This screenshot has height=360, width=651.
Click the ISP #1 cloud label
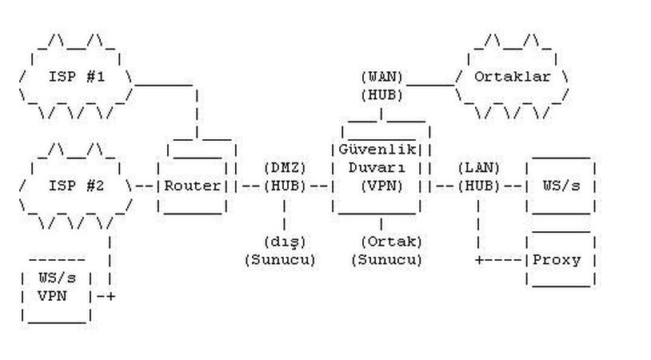pos(77,78)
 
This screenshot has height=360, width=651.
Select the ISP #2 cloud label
pos(77,186)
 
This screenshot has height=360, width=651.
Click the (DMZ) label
pos(285,168)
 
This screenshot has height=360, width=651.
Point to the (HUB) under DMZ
pos(285,186)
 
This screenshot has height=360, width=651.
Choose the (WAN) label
pos(381,78)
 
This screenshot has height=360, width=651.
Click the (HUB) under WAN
pos(381,95)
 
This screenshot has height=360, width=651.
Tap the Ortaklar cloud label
pos(513,78)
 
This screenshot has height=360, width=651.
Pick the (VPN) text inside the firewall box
pos(381,186)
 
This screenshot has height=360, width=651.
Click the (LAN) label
pos(478,168)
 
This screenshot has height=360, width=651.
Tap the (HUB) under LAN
pos(478,186)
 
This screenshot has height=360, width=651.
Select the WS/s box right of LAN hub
pos(561,186)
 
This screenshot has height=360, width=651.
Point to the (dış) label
pos(285,241)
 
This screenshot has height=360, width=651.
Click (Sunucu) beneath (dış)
pos(280,259)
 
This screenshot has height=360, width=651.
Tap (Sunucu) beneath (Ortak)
pos(386,259)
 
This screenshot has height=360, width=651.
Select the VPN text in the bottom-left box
pos(53,295)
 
